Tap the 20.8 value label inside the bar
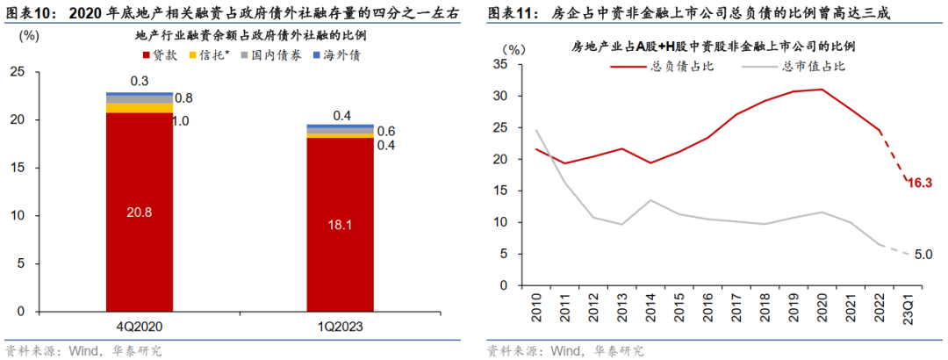pos(139,212)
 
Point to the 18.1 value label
pos(340,224)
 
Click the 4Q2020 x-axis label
pos(139,327)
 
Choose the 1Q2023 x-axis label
pos(340,327)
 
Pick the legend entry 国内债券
pos(279,55)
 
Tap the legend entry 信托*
pos(216,55)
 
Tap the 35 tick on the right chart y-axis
pos(501,64)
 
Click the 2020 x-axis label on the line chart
pos(821,309)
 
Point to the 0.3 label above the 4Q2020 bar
pos(139,82)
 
